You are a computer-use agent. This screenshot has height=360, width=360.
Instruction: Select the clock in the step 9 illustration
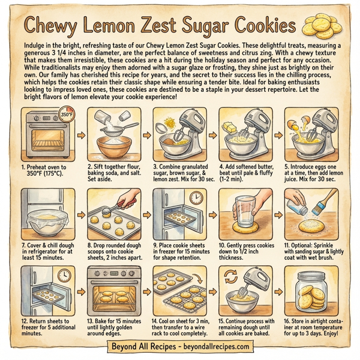(195, 198)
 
